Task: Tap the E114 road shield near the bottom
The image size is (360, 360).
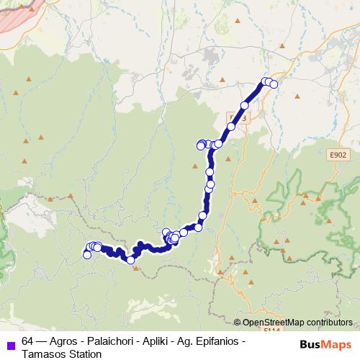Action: (271, 329)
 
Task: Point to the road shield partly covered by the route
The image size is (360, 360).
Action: (238, 117)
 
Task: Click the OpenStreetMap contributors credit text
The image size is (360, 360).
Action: (293, 322)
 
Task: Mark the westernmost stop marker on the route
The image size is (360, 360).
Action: (87, 254)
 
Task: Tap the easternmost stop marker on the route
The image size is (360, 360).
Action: (274, 85)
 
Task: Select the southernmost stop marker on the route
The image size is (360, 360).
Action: (131, 260)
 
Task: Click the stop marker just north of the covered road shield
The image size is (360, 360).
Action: (245, 106)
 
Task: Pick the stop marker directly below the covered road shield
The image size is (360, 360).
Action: (231, 127)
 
